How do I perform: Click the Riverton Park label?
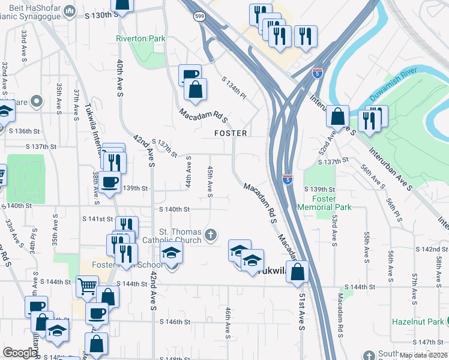click(139, 38)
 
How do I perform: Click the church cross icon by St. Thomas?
click(210, 235)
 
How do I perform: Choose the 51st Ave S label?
click(301, 312)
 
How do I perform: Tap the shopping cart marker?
click(87, 286)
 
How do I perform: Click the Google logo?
click(20, 352)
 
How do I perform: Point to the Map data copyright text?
click(423, 355)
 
